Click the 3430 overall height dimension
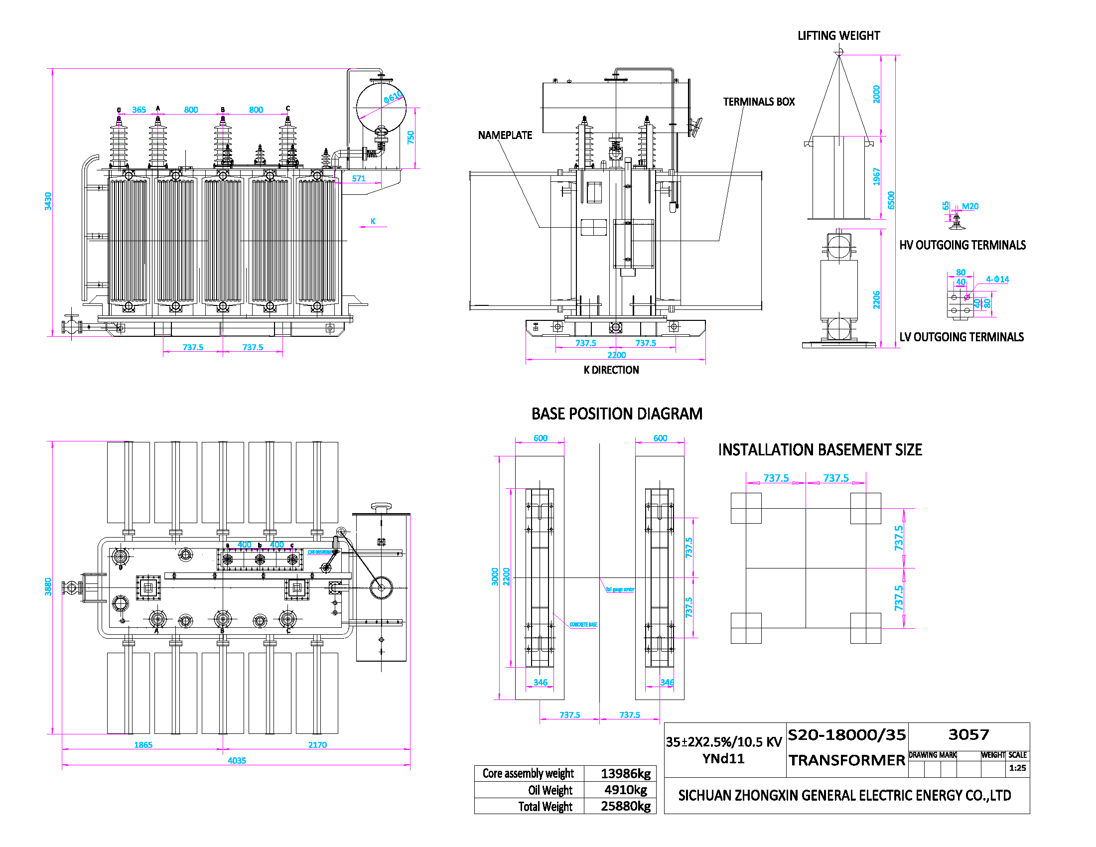[48, 201]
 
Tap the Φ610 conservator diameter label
[393, 96]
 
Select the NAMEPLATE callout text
[505, 135]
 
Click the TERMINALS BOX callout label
[758, 102]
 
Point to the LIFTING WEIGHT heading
[838, 36]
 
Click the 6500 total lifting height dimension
[891, 200]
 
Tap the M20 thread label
[969, 206]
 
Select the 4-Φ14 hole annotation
[997, 279]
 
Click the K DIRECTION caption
[611, 370]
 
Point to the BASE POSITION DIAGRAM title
[616, 414]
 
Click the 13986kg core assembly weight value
[625, 773]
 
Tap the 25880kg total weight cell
[625, 806]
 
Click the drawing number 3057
[968, 734]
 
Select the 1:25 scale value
[1017, 768]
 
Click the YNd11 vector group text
[723, 758]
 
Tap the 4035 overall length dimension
[237, 760]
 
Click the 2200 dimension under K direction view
[616, 355]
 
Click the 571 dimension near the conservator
[359, 178]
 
